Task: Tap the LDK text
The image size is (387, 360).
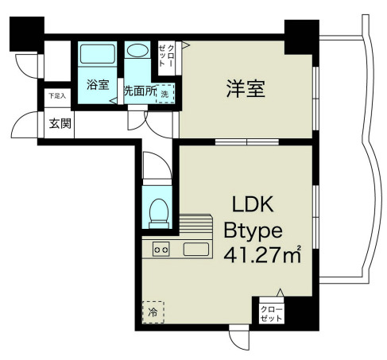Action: [253, 205]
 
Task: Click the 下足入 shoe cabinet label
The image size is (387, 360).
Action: [57, 96]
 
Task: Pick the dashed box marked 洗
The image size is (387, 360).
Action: [164, 92]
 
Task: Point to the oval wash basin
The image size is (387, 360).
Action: [138, 51]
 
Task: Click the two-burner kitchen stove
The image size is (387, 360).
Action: [161, 250]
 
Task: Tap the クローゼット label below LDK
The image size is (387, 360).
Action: [270, 312]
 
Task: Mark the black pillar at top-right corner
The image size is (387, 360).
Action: [301, 36]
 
